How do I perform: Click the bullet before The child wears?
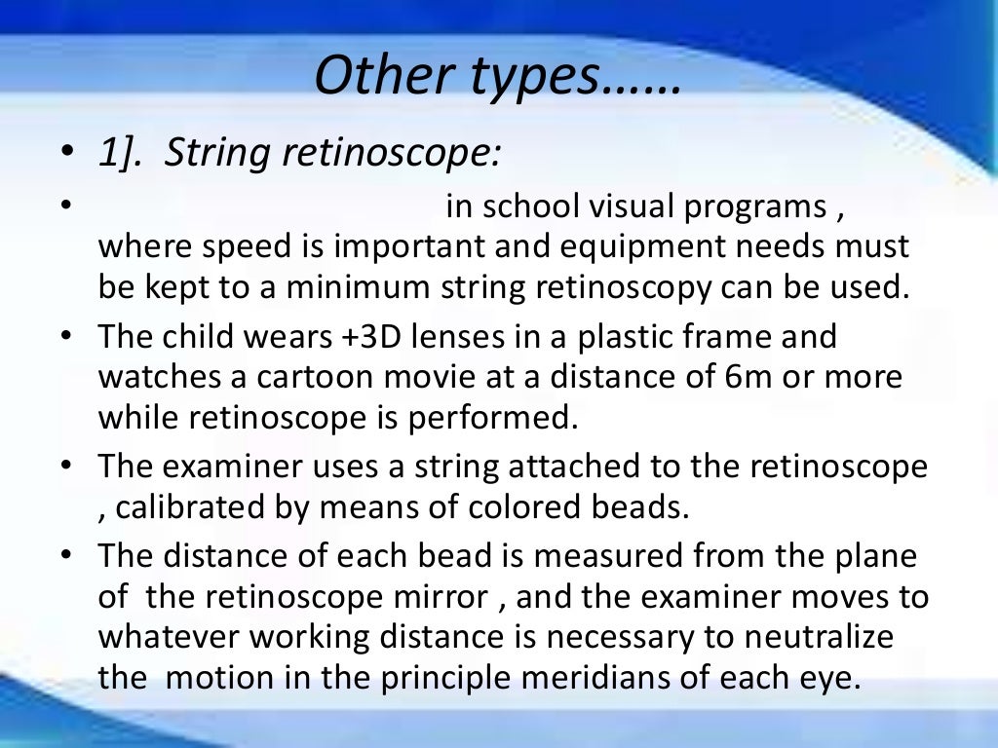click(65, 338)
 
